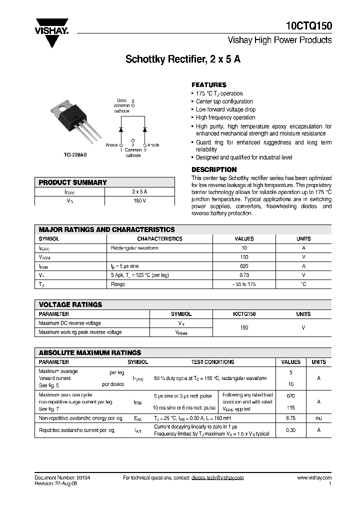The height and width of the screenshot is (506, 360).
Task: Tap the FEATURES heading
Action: (209, 85)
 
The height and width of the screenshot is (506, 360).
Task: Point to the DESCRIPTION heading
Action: (214, 169)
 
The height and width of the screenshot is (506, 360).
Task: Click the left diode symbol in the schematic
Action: (120, 129)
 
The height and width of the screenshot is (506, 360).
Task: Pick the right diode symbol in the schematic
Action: (145, 129)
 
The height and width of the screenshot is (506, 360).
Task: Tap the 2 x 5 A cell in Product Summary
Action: (139, 192)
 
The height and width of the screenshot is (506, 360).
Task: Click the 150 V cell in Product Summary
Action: (139, 201)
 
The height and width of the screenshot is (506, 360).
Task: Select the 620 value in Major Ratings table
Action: (244, 266)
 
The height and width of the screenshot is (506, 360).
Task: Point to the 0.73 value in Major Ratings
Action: (244, 275)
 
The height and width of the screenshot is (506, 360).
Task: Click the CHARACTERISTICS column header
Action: (160, 239)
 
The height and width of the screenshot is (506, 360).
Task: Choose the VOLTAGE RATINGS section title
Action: (70, 304)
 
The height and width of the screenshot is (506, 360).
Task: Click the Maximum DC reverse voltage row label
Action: (69, 323)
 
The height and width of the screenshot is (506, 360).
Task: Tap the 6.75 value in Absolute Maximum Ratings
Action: (290, 418)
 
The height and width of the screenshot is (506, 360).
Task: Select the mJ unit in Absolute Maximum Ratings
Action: (318, 418)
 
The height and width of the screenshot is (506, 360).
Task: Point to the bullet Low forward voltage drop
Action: (225, 109)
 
